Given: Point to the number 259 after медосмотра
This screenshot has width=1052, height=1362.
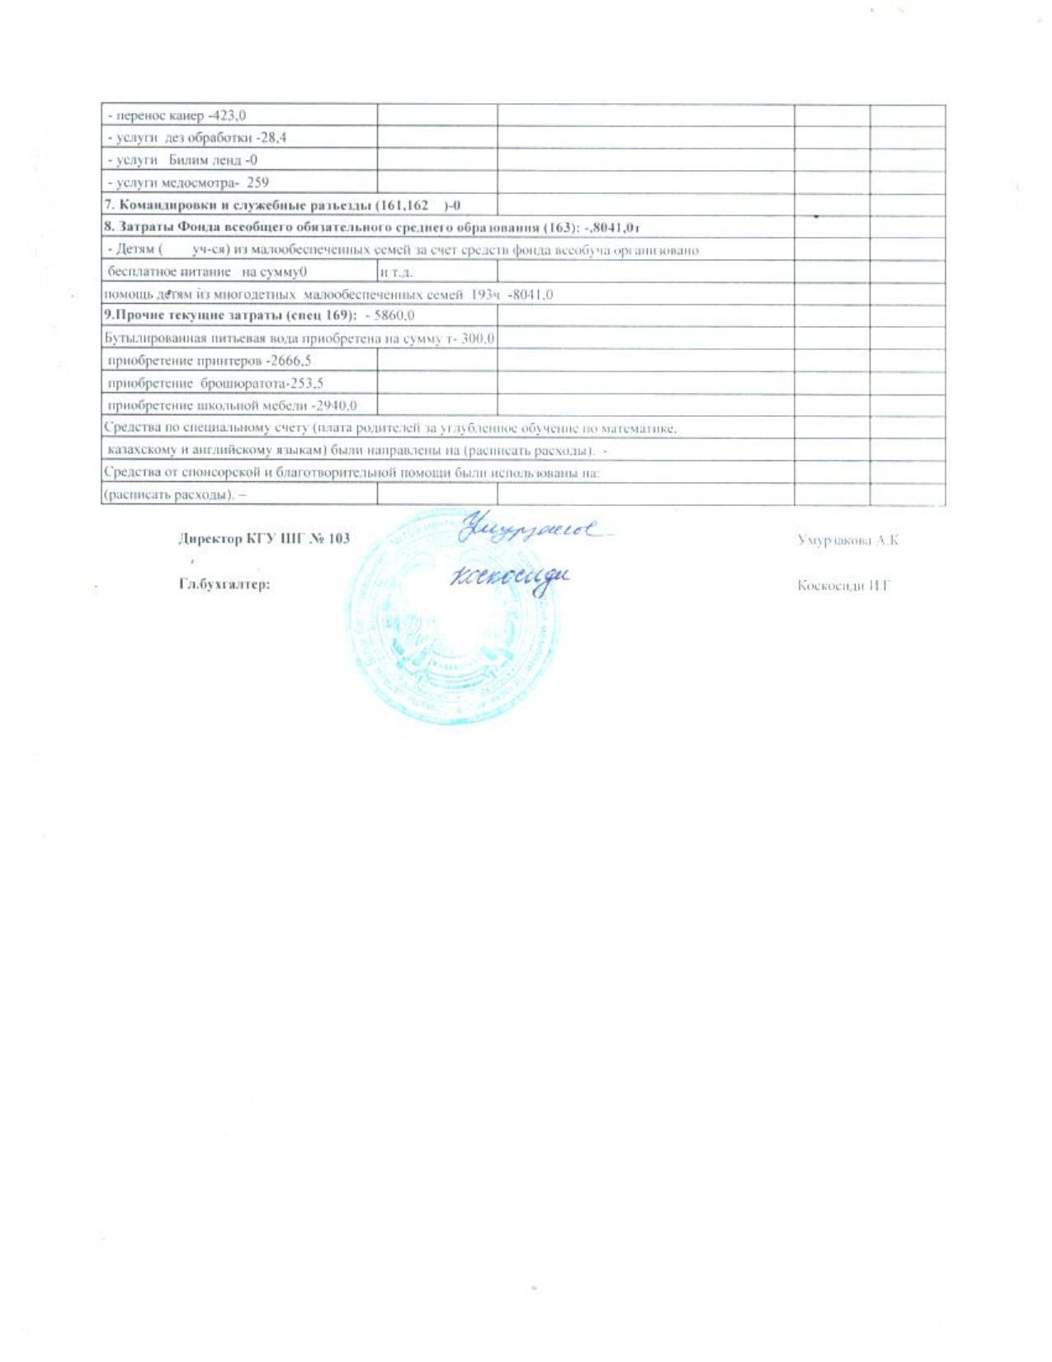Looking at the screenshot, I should click(x=258, y=182).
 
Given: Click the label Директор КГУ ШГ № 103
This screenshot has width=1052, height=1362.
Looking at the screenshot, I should click(x=264, y=539).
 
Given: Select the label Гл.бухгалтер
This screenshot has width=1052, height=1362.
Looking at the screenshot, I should click(x=225, y=584).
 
